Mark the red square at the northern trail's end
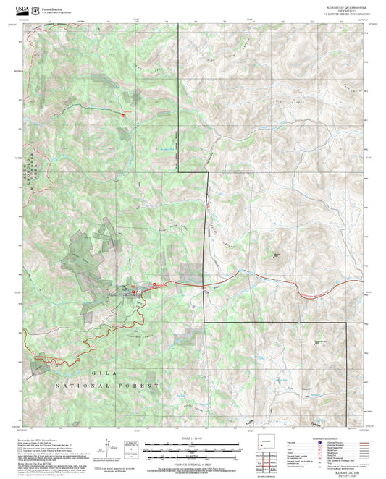123,114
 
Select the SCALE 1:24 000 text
192,438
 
